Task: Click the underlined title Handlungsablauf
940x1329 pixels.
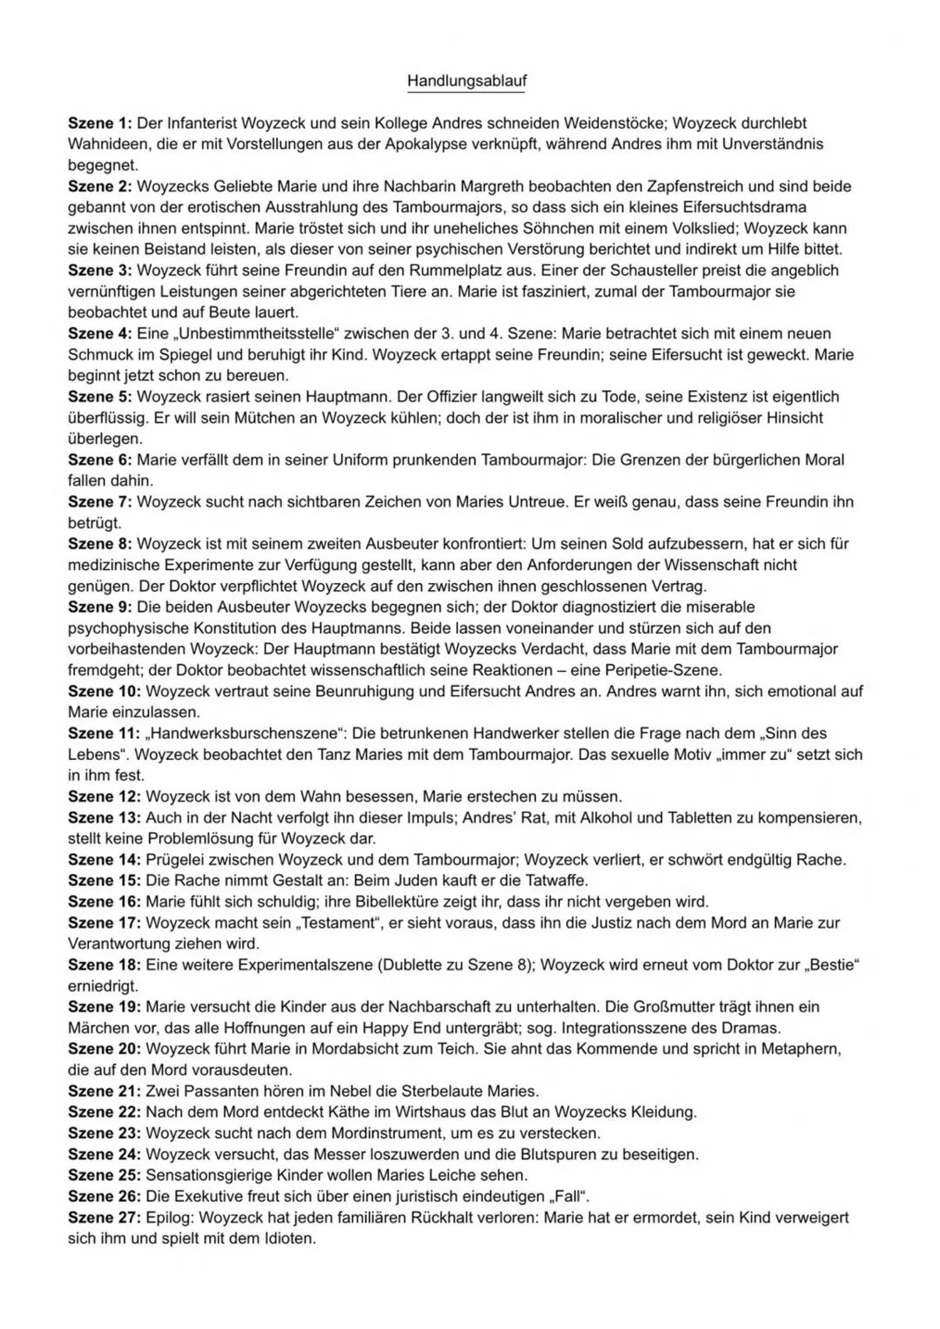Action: click(x=467, y=81)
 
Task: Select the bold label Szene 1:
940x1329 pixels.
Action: click(x=99, y=124)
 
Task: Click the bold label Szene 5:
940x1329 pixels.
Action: click(x=99, y=397)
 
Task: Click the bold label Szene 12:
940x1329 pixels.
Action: click(x=104, y=796)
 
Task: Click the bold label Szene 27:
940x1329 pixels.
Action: click(x=104, y=1218)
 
